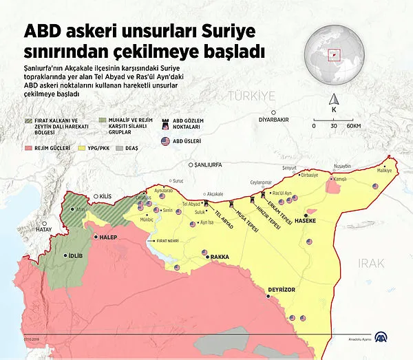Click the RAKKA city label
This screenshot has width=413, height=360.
[x=220, y=257]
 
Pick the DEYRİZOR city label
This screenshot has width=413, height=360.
[x=281, y=290]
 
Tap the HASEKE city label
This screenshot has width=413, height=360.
[x=306, y=221]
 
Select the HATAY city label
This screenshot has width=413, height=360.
[x=44, y=231]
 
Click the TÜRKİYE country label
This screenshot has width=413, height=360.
[x=251, y=95]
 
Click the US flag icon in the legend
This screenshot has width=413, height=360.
[x=165, y=141]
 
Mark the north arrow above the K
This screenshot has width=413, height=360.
[x=334, y=98]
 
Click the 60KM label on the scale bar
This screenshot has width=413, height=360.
[x=354, y=126]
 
